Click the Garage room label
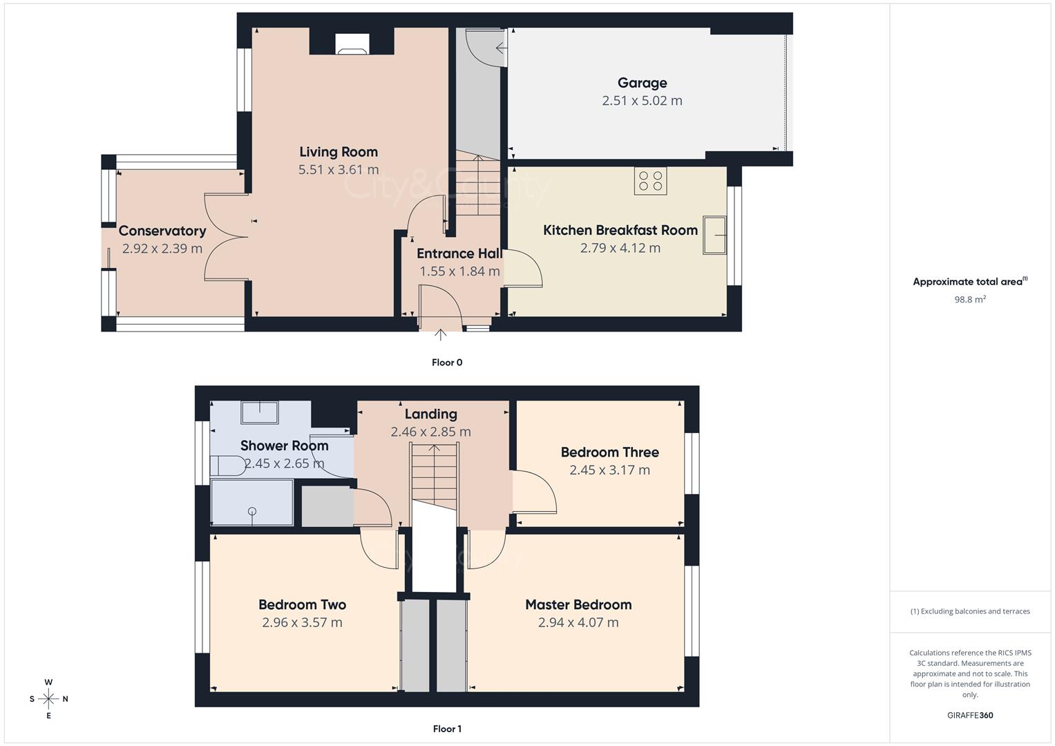pyautogui.click(x=642, y=83)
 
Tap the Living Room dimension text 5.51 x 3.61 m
pyautogui.click(x=339, y=170)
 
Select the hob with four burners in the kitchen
pyautogui.click(x=650, y=181)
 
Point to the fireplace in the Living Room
pyautogui.click(x=352, y=45)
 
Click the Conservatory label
pyautogui.click(x=162, y=231)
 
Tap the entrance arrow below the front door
pyautogui.click(x=441, y=335)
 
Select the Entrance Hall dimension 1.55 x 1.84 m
pyautogui.click(x=459, y=271)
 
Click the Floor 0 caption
pyautogui.click(x=447, y=363)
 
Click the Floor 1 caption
pyautogui.click(x=447, y=729)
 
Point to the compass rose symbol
pyautogui.click(x=48, y=699)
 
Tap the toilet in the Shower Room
pyautogui.click(x=227, y=466)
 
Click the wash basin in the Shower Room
pyautogui.click(x=259, y=412)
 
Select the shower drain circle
pyautogui.click(x=252, y=511)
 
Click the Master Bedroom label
pyautogui.click(x=578, y=605)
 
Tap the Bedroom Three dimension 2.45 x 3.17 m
pyautogui.click(x=609, y=470)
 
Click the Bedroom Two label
pyautogui.click(x=302, y=605)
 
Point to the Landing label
pyautogui.click(x=430, y=414)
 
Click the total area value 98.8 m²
pyautogui.click(x=970, y=299)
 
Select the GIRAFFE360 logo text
pyautogui.click(x=970, y=715)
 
